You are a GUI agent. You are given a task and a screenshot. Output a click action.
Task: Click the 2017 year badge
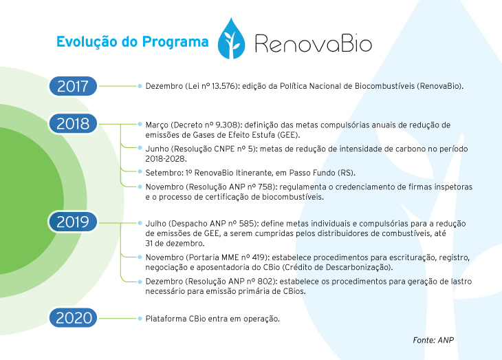pyautogui.click(x=73, y=86)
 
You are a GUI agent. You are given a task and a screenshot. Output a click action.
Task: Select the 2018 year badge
pyautogui.click(x=73, y=123)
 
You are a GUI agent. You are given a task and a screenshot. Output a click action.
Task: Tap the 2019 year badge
pyautogui.click(x=73, y=222)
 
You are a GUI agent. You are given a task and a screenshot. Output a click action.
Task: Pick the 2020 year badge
pyautogui.click(x=73, y=318)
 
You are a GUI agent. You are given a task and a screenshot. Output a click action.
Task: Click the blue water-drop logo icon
pyautogui.click(x=231, y=39)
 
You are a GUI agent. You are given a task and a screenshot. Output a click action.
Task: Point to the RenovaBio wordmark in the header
pyautogui.click(x=314, y=43)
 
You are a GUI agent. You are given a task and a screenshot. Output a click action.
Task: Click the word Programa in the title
pyautogui.click(x=175, y=42)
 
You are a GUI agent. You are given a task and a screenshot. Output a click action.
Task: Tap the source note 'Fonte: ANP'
pyautogui.click(x=433, y=340)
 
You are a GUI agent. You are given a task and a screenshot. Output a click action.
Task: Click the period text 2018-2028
pyautogui.click(x=165, y=159)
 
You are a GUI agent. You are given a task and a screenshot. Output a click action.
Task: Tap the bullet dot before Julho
pyautogui.click(x=140, y=223)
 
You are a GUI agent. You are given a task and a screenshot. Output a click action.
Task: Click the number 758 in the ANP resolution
pyautogui.click(x=265, y=187)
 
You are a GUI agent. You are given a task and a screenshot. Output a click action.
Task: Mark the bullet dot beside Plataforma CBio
pyautogui.click(x=140, y=319)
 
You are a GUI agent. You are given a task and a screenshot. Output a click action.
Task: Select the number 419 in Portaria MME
pyautogui.click(x=259, y=257)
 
